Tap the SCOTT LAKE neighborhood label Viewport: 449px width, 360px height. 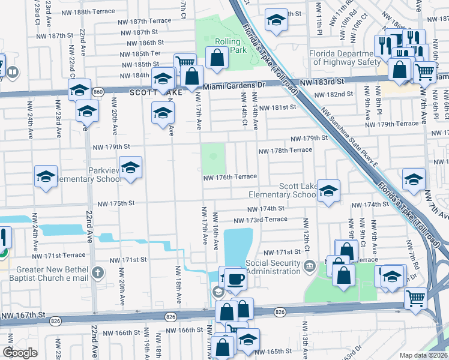[x=151, y=93]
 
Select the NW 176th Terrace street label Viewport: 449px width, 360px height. [x=230, y=176]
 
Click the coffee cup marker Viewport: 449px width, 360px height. [x=235, y=278]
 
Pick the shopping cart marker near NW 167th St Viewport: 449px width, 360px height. [x=415, y=298]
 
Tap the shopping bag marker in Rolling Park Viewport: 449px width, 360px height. [x=217, y=58]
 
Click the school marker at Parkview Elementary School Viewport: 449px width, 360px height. [x=130, y=167]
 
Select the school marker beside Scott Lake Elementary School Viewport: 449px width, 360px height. [x=327, y=191]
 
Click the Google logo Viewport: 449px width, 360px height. [x=19, y=353]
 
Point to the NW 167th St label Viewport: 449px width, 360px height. [x=24, y=315]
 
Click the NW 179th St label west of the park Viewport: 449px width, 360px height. [x=111, y=146]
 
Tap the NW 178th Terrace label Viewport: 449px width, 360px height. [x=285, y=151]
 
